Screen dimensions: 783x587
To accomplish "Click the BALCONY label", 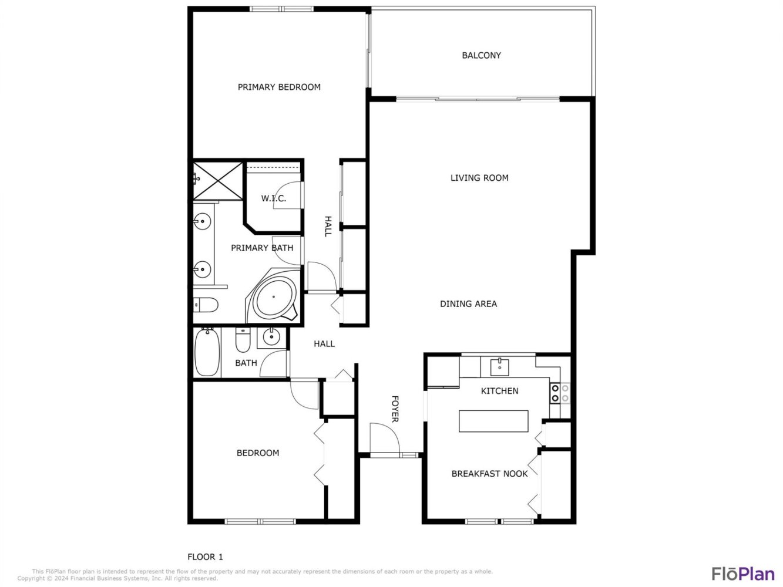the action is [481, 55].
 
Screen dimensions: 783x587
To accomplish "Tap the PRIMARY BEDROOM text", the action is [279, 87].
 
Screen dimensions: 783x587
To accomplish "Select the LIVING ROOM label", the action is [479, 178].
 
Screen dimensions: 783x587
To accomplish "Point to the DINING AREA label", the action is [468, 303].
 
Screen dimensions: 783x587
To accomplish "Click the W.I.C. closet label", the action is [273, 198].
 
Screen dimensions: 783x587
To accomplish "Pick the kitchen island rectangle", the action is [493, 421].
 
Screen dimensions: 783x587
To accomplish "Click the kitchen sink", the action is [499, 367].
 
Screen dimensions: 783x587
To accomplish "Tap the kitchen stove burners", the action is [560, 393].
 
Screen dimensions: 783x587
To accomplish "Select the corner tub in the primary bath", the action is [274, 296].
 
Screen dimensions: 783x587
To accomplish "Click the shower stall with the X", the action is [217, 181].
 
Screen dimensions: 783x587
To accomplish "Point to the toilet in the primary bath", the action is [206, 305].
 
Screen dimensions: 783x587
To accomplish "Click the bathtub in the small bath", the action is [207, 352].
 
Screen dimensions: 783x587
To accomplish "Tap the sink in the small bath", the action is [272, 337].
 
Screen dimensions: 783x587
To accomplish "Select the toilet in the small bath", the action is [243, 340].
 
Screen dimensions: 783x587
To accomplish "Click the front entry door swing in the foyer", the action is [385, 438].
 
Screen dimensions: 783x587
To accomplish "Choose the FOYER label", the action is [395, 409].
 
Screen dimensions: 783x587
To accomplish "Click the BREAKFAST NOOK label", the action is [489, 474].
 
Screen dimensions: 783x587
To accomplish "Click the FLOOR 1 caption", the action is [205, 556].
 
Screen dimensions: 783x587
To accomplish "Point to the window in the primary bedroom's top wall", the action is [281, 9].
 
